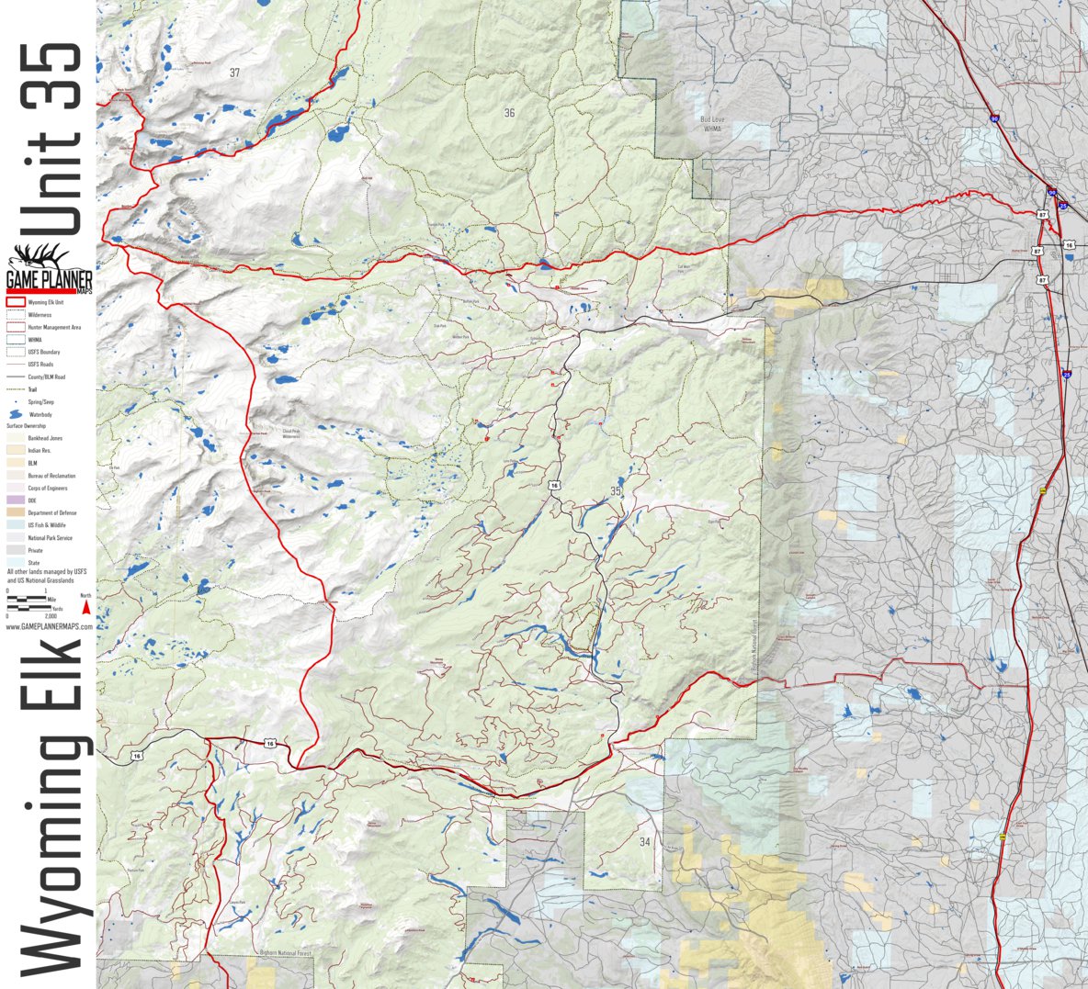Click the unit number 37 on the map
coord(234,72)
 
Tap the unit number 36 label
coord(509,113)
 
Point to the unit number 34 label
coord(644,842)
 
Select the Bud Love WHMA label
coord(712,123)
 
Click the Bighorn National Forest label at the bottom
coord(286,954)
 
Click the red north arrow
coord(85,606)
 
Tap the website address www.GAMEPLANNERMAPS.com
coord(50,626)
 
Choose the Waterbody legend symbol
coord(16,415)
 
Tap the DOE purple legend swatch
coord(15,500)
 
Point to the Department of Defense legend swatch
coord(15,512)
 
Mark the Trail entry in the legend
coord(32,389)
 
